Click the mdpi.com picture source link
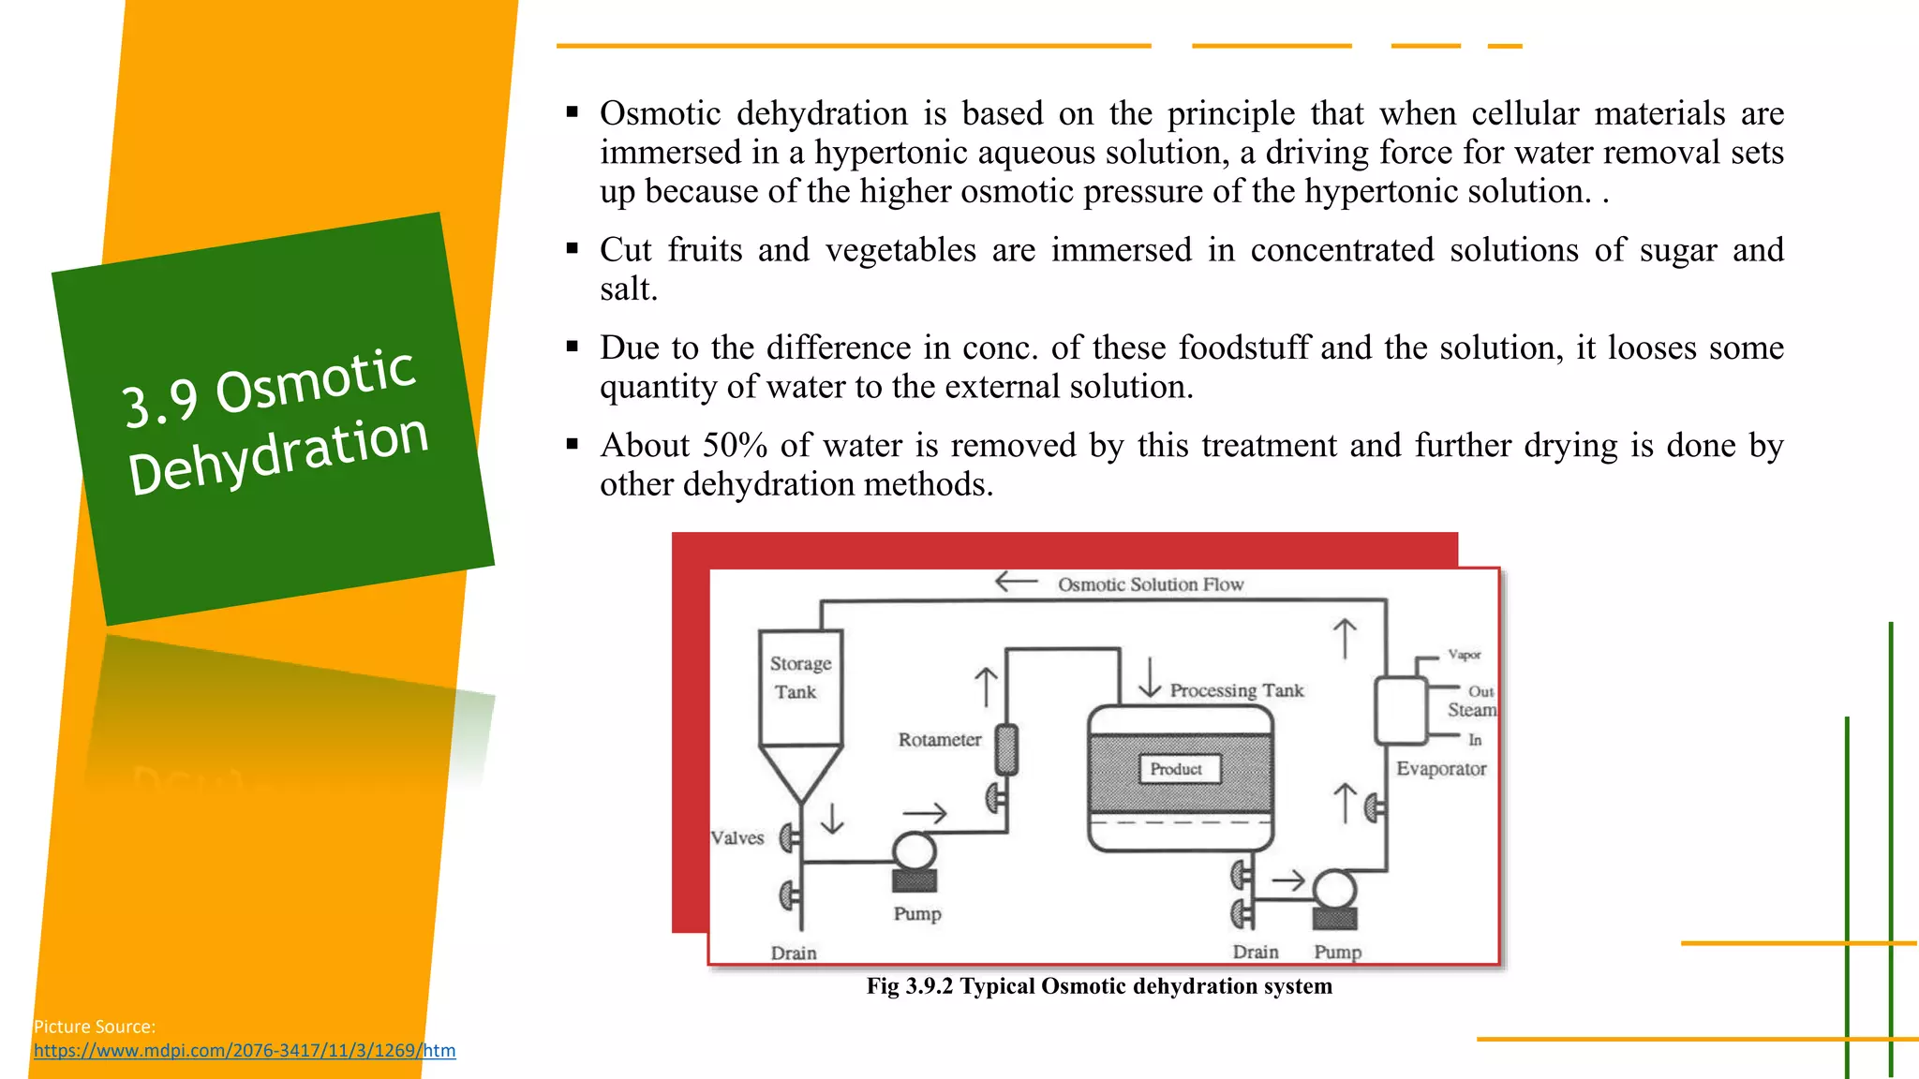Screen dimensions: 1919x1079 tap(245, 1051)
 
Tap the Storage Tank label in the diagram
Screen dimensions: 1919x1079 tap(799, 677)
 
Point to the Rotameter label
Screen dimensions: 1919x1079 tap(939, 740)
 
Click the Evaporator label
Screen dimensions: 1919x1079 tap(1441, 769)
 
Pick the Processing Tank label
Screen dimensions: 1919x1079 tap(1236, 691)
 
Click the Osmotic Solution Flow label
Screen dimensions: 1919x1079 tap(1151, 584)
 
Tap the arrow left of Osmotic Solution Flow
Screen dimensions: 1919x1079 tap(1016, 583)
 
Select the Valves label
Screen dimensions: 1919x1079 tap(737, 838)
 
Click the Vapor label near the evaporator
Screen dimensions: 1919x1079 tap(1464, 655)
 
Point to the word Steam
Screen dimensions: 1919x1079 tap(1471, 710)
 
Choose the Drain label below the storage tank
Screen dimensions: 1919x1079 tap(794, 953)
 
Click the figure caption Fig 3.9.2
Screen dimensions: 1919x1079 tap(1098, 986)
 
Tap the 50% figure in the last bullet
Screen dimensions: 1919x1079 tap(736, 446)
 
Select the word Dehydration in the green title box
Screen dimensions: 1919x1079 tap(278, 454)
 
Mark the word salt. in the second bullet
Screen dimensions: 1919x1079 tap(629, 289)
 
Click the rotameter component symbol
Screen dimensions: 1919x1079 tap(1007, 749)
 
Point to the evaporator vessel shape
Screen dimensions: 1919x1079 tap(1400, 710)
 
